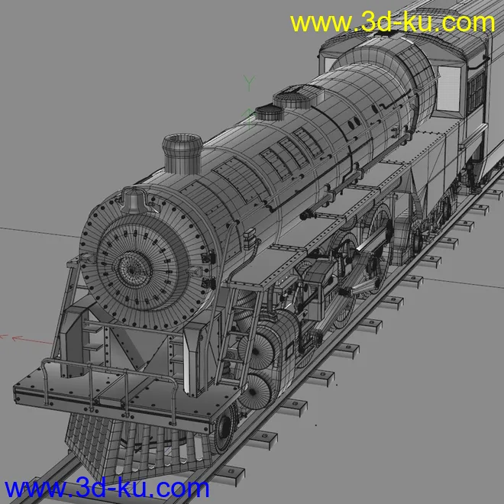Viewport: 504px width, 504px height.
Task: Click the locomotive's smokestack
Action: click(x=183, y=153)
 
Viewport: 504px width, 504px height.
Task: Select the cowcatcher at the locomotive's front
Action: click(x=135, y=447)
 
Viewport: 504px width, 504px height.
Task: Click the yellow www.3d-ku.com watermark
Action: click(x=393, y=22)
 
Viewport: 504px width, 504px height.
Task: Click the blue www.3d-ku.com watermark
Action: click(x=107, y=488)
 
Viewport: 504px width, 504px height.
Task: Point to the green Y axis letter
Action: click(x=249, y=83)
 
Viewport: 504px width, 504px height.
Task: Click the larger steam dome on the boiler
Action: click(x=296, y=96)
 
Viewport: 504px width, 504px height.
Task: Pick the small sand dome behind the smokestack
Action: click(x=270, y=112)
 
